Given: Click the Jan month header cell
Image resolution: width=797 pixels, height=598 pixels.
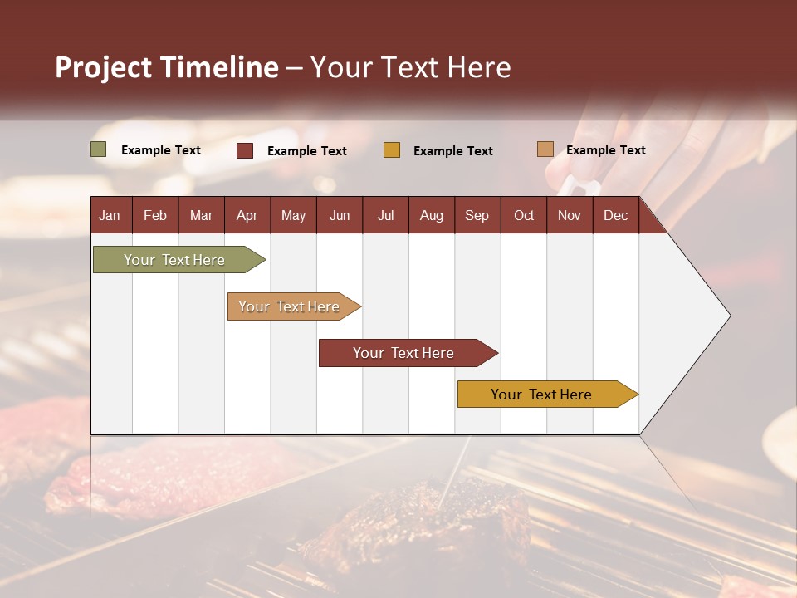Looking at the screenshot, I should (110, 215).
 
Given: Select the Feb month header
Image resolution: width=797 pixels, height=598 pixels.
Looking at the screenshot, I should (155, 215).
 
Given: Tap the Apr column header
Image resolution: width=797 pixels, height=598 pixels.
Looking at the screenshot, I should (247, 215).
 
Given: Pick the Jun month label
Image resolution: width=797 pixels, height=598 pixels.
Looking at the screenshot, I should (340, 215).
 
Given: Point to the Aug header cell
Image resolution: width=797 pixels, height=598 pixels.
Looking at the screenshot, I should (431, 215).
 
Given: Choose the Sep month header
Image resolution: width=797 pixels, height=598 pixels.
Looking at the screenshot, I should (477, 215).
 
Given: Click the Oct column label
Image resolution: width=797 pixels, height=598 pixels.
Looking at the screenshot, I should (524, 215).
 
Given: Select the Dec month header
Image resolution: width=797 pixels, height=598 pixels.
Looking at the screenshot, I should (615, 215).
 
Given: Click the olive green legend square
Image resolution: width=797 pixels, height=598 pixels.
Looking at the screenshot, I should (99, 149).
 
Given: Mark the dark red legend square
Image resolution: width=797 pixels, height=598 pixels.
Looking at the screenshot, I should (245, 150).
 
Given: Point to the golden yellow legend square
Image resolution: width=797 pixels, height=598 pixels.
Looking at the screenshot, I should (392, 150).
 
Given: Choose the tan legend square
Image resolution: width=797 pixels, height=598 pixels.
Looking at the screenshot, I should (545, 149).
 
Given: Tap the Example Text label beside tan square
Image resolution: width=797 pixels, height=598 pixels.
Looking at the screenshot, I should (605, 149).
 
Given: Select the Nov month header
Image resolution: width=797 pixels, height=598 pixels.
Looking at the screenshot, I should (569, 215).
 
